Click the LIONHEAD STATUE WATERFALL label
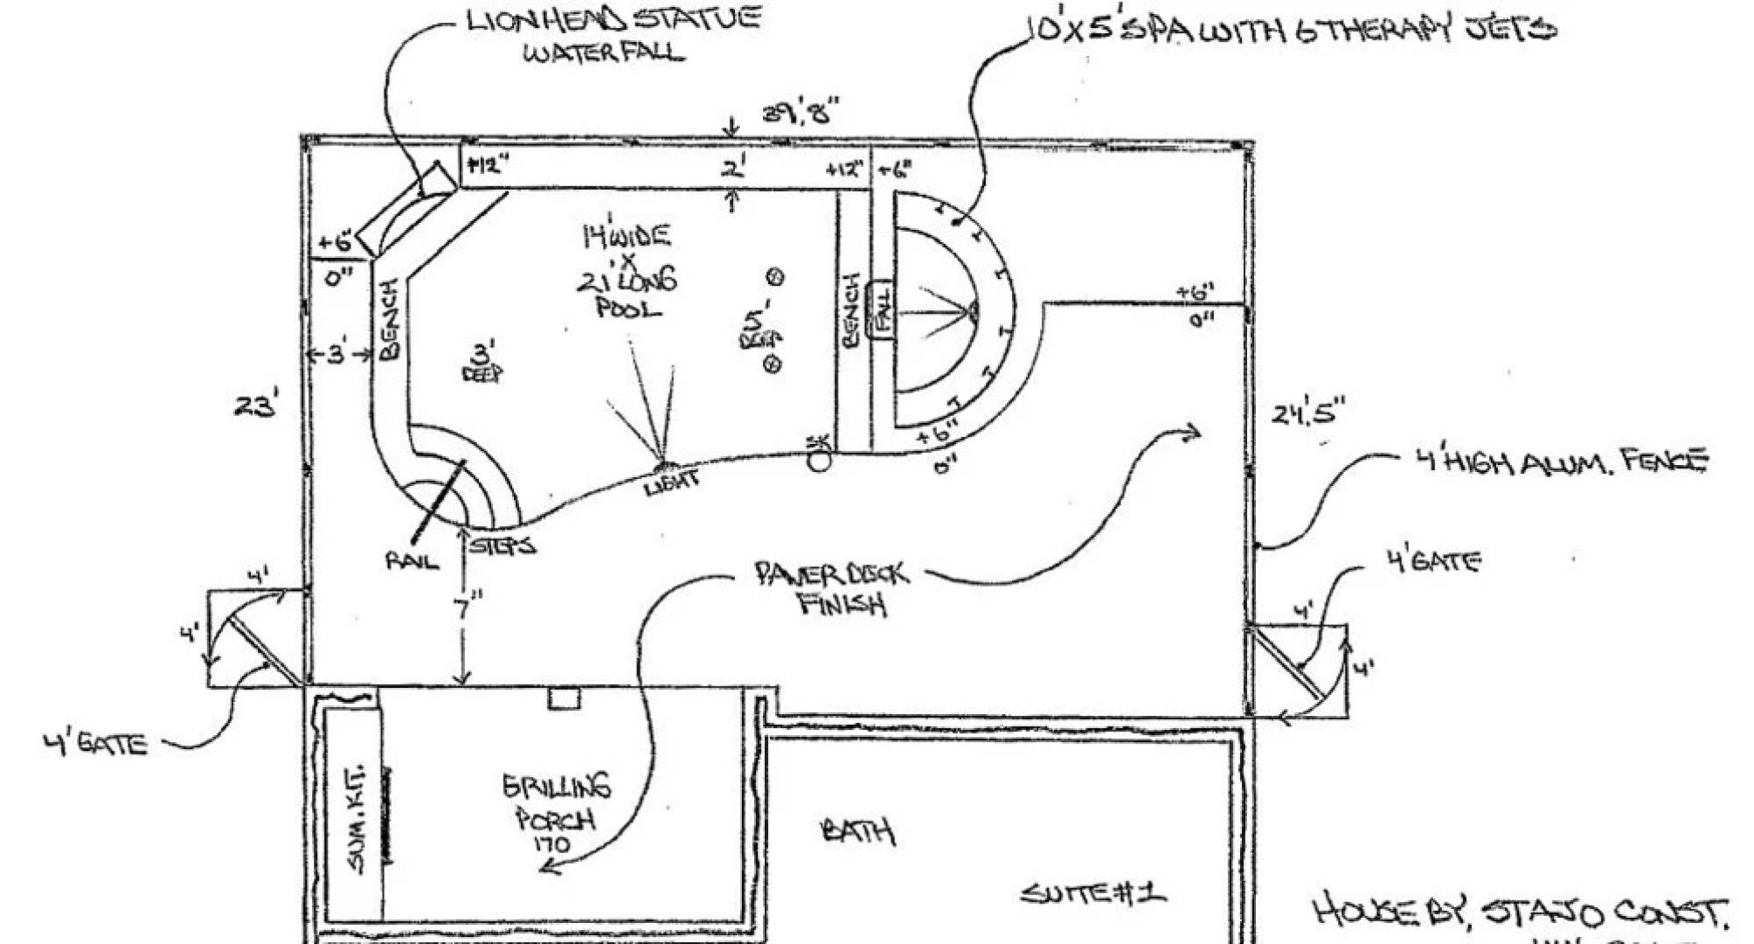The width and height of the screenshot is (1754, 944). click(x=612, y=35)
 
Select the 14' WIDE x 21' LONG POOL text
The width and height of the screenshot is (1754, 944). click(x=627, y=271)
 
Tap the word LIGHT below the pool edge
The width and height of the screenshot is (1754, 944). click(x=671, y=482)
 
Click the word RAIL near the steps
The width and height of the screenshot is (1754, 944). click(x=412, y=560)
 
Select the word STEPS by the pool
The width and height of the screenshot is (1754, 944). click(x=503, y=546)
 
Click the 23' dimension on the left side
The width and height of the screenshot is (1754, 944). click(x=256, y=406)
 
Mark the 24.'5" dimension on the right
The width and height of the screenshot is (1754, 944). click(x=1307, y=413)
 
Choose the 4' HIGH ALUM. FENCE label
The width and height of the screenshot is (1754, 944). click(x=1560, y=462)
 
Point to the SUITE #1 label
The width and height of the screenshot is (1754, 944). click(x=1092, y=893)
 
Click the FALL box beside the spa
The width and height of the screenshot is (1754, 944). click(x=880, y=310)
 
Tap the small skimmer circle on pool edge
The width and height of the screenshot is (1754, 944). click(x=819, y=462)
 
